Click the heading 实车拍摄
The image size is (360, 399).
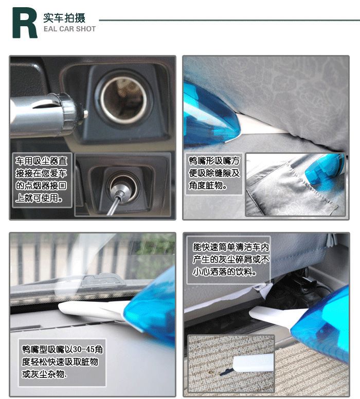click(x=64, y=18)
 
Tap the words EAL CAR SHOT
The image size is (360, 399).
click(x=69, y=29)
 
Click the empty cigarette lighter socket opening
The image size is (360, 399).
click(x=124, y=100)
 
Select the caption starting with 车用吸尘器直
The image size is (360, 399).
click(x=41, y=179)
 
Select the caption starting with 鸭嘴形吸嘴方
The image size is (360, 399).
click(x=214, y=173)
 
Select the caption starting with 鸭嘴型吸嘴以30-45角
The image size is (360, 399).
click(x=62, y=361)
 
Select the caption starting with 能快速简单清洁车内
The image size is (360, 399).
click(x=231, y=260)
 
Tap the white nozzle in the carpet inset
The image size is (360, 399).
click(x=253, y=363)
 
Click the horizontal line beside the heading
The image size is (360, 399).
click(x=229, y=20)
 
